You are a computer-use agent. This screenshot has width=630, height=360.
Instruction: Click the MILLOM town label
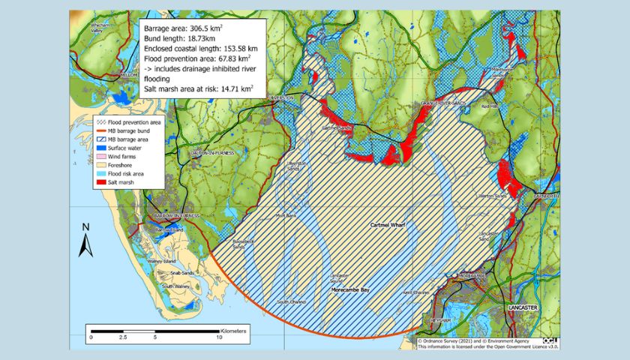(132, 76)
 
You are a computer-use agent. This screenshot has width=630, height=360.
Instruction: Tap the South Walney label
(180, 286)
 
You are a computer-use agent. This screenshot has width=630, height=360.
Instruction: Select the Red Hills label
(490, 106)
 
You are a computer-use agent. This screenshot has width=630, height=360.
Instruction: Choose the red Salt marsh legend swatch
(98, 181)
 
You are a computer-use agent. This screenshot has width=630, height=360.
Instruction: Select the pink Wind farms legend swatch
(98, 156)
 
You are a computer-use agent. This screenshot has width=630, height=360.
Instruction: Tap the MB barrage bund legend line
(98, 131)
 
